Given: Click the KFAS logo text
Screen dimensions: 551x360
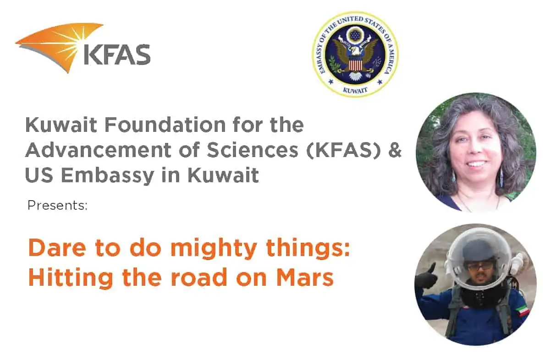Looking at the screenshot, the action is (117, 55).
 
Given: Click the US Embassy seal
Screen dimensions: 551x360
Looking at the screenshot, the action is (355, 54).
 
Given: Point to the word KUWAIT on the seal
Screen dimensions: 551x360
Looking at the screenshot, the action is (355, 90).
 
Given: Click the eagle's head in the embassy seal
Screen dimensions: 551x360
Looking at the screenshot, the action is (354, 52).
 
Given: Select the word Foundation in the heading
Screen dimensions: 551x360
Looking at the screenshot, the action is (165, 125).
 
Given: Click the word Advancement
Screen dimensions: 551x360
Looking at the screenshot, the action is (98, 150).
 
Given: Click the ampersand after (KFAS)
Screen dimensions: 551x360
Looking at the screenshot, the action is (395, 150).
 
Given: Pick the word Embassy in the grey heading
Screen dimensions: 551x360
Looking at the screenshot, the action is (107, 176).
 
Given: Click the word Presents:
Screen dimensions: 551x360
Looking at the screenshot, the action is (58, 205).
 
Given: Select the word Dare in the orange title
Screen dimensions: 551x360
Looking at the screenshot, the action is (57, 248).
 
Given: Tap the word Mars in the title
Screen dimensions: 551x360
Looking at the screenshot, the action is (305, 277).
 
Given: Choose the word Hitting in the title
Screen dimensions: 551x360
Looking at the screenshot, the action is (71, 278).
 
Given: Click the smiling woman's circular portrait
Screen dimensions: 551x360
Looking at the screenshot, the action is (476, 153).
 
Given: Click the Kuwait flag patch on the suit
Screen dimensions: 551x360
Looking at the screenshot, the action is (523, 311).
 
